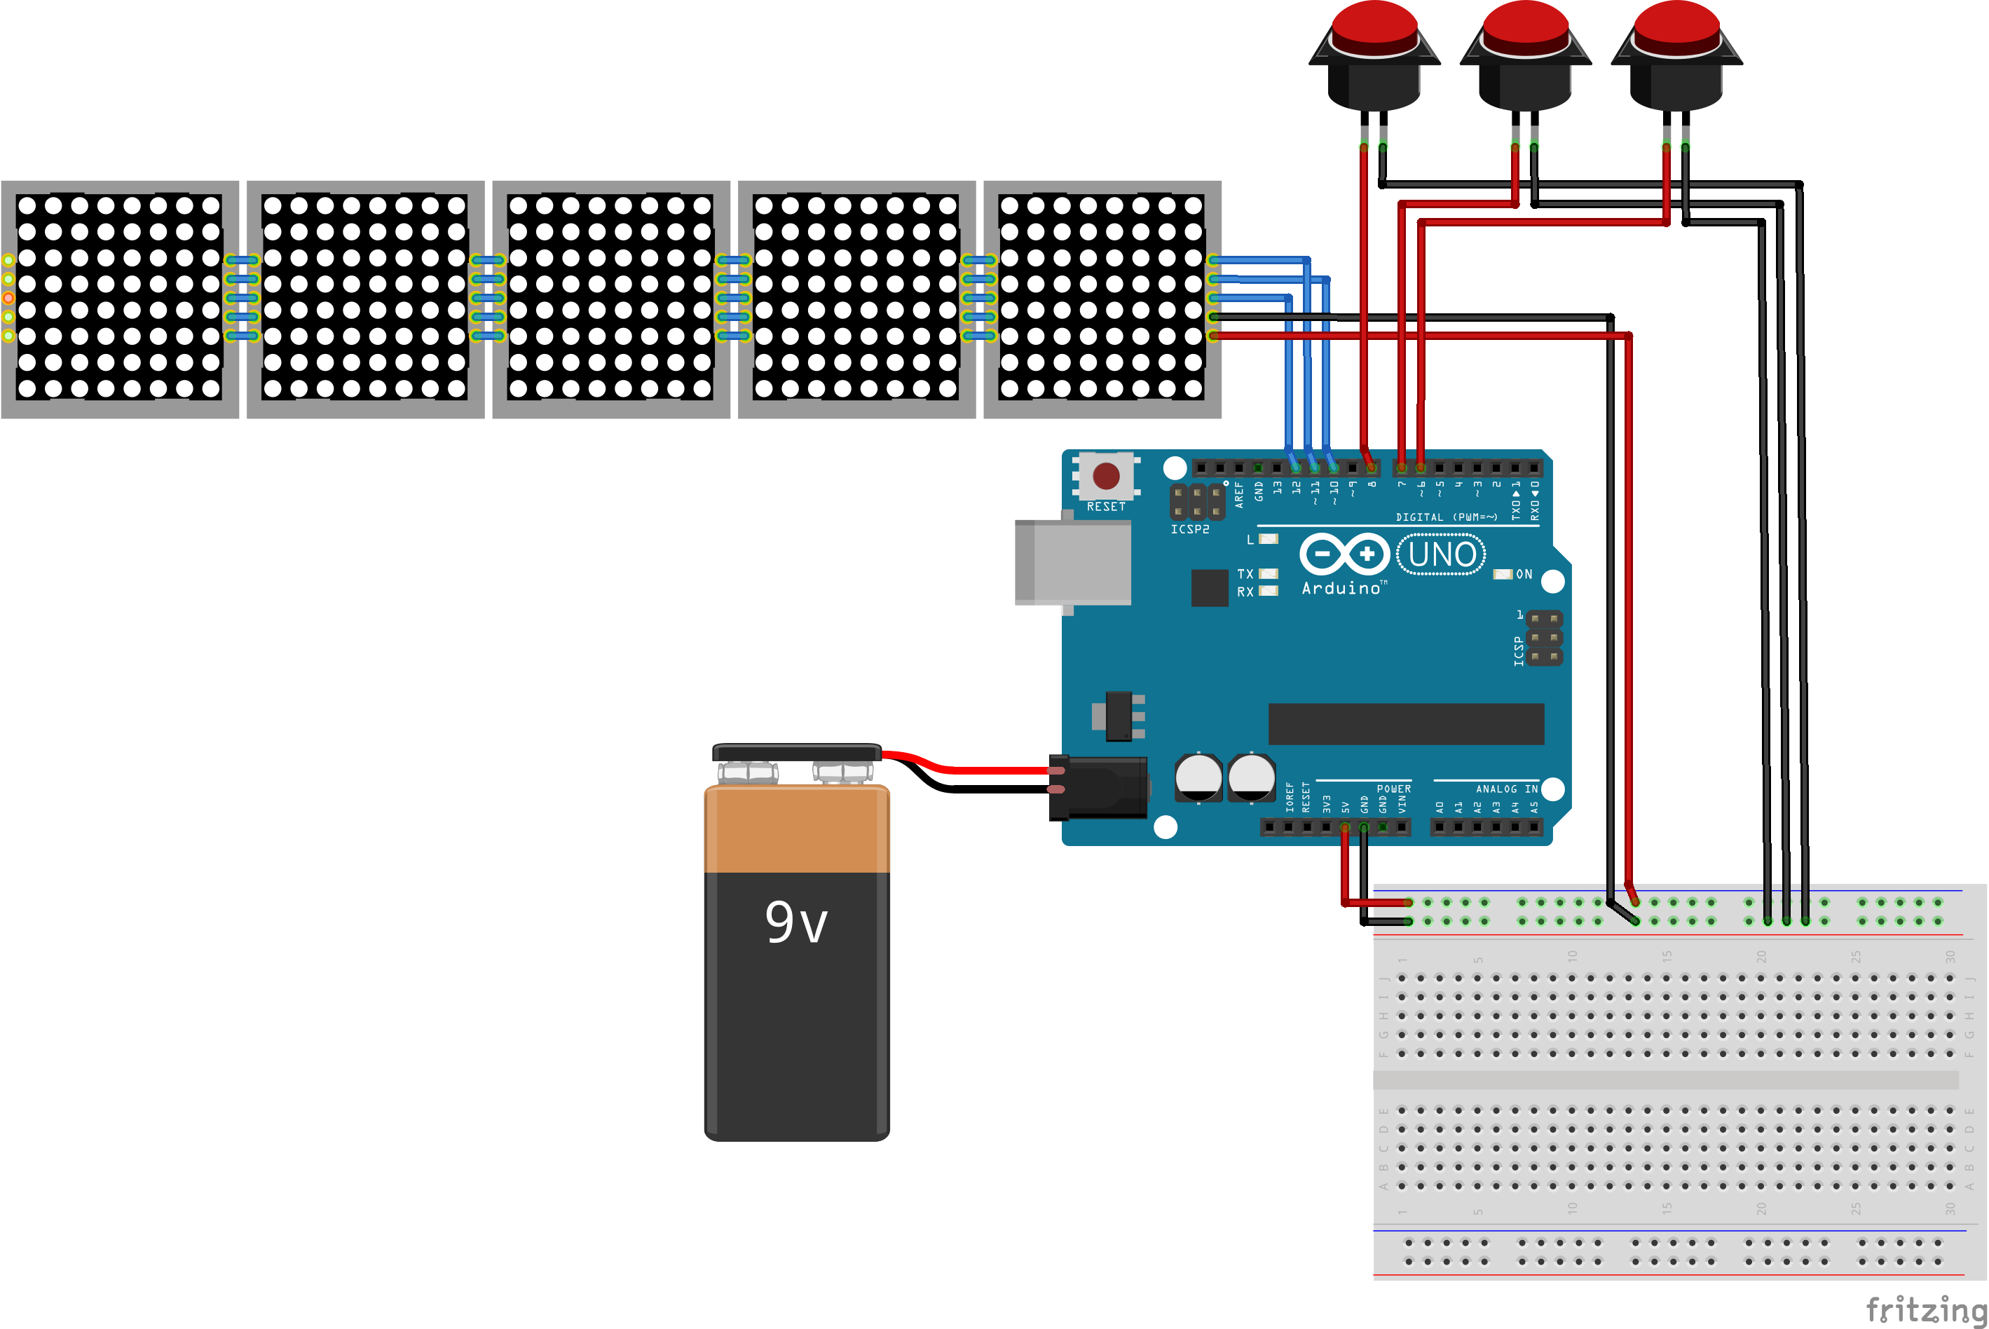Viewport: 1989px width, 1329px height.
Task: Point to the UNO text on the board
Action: (1442, 555)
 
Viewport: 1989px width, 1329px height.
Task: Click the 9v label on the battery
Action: (795, 922)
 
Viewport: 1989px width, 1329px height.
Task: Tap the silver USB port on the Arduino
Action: (1073, 563)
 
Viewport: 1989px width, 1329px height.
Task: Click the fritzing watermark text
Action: (1925, 1309)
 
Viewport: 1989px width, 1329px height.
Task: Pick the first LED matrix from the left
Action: (119, 299)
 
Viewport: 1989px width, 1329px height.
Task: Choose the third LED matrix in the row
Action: (611, 299)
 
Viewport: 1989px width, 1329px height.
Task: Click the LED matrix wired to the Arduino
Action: (1102, 299)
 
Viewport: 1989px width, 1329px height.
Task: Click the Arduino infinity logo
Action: (1344, 554)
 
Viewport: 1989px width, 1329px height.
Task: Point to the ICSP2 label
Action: (1190, 530)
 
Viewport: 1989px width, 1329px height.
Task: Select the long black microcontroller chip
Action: (1406, 724)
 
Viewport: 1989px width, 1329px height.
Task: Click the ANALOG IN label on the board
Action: (1507, 789)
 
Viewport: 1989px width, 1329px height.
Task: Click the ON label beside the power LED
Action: (1524, 575)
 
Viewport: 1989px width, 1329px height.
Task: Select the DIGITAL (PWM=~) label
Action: (1447, 517)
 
